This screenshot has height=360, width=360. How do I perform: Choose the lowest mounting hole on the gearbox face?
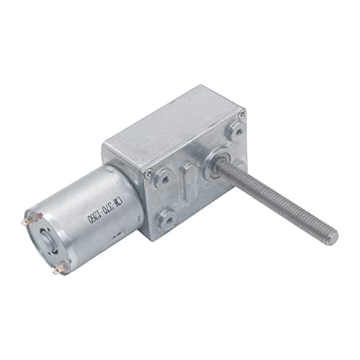[x=168, y=216]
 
